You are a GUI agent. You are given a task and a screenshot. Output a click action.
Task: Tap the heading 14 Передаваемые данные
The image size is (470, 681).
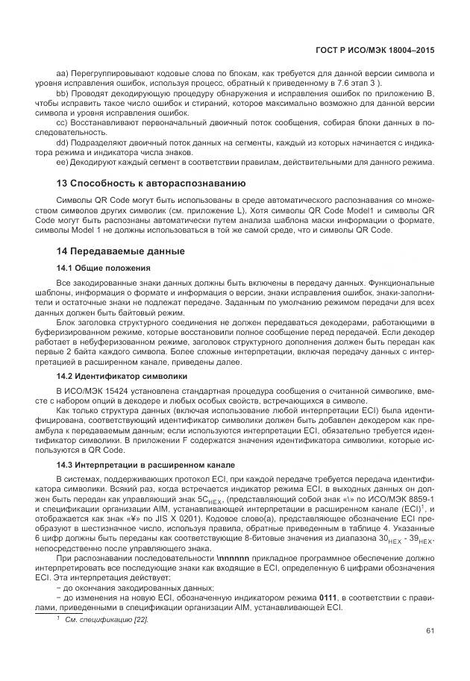pos(121,251)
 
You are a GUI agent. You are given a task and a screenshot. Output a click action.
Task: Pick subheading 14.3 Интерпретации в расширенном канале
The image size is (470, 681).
pos(145,465)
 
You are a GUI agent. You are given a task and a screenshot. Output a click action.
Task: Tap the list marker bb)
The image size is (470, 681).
pos(63,93)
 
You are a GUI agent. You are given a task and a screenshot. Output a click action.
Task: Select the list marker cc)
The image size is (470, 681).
pos(63,122)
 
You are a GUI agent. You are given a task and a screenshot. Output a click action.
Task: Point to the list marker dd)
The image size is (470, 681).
pos(63,141)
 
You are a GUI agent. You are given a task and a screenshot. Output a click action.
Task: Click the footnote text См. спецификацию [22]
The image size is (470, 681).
pos(107,619)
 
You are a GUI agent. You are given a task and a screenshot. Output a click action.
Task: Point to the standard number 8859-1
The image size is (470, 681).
pos(419,498)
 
